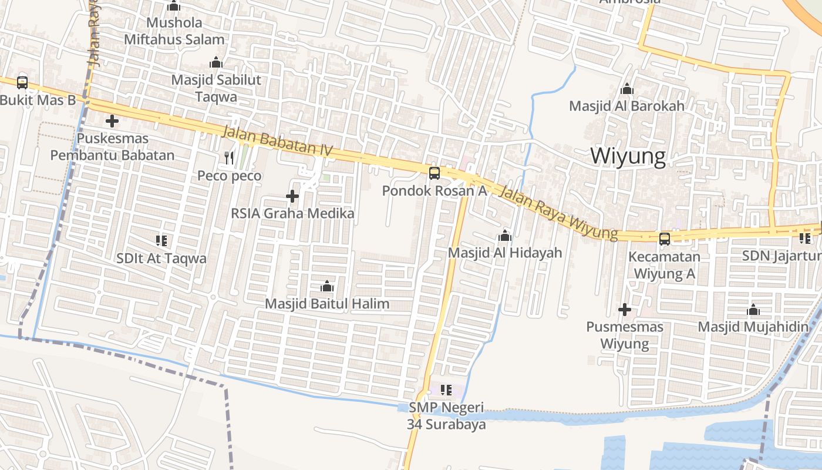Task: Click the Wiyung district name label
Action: point(628,156)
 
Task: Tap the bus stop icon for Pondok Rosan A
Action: point(434,173)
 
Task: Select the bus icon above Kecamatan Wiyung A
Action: point(664,239)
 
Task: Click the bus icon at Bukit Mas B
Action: point(22,82)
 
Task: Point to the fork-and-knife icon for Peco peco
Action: point(229,157)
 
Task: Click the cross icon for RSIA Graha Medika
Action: point(292,196)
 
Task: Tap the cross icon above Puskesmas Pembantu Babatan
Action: point(112,122)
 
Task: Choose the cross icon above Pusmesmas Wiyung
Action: point(625,309)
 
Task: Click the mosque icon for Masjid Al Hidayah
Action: point(505,236)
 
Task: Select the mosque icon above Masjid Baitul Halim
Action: point(327,286)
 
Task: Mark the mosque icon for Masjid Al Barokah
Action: point(627,89)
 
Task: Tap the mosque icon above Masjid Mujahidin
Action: point(753,310)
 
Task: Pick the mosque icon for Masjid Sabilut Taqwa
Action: point(216,62)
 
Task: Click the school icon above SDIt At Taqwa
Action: point(161,240)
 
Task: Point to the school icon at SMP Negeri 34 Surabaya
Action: point(446,390)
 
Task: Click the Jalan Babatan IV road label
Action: point(277,142)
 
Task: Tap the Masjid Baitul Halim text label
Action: point(327,304)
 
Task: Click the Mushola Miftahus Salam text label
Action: point(174,31)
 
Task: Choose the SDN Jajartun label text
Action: point(781,256)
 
